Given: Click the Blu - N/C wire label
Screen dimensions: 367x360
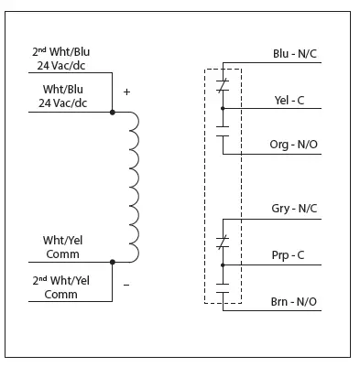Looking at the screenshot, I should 296,54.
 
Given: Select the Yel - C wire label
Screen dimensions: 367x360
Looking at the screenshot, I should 295,99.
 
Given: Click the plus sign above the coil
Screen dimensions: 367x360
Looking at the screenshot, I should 126,92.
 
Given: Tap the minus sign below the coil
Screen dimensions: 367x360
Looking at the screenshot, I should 126,285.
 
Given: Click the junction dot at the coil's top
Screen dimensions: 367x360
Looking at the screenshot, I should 113,112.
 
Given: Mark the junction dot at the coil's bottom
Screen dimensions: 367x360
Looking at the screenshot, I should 113,261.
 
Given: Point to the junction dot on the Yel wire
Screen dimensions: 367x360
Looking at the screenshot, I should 223,108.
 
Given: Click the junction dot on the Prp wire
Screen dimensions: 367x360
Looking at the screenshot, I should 223,264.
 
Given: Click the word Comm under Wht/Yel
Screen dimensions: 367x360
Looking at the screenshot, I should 61,254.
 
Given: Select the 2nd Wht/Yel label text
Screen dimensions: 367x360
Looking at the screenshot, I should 60,281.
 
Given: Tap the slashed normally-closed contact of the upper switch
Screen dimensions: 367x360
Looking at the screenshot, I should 223,86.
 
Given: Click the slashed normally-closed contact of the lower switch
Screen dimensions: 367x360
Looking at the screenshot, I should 223,242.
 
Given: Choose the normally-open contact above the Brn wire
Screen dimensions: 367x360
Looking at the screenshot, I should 223,289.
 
